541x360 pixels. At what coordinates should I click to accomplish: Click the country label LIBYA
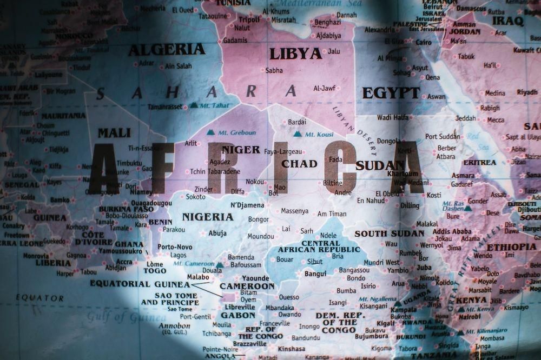point(295,54)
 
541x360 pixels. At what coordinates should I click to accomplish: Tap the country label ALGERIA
point(166,49)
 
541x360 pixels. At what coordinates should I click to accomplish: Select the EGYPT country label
point(391,93)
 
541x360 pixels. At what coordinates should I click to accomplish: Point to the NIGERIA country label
point(207,217)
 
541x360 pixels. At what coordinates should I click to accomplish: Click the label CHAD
point(299,163)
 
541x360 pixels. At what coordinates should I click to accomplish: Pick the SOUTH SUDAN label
point(389,234)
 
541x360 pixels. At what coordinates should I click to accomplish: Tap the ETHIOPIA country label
point(511,247)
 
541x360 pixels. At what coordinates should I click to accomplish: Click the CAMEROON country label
point(247,286)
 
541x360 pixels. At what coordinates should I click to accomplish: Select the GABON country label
point(237,315)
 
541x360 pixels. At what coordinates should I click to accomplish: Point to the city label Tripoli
point(249,19)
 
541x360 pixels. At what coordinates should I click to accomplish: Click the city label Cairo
point(424,42)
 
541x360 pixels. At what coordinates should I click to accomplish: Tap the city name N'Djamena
point(247,205)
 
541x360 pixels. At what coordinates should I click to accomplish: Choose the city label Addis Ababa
point(452,231)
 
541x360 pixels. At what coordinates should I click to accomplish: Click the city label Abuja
point(217,233)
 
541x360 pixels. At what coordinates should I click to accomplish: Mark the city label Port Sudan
point(442,136)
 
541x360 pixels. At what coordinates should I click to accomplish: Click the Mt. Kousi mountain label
point(319,134)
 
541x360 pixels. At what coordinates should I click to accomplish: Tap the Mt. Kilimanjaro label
point(486,331)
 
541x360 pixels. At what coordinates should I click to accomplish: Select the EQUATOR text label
point(39,297)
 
